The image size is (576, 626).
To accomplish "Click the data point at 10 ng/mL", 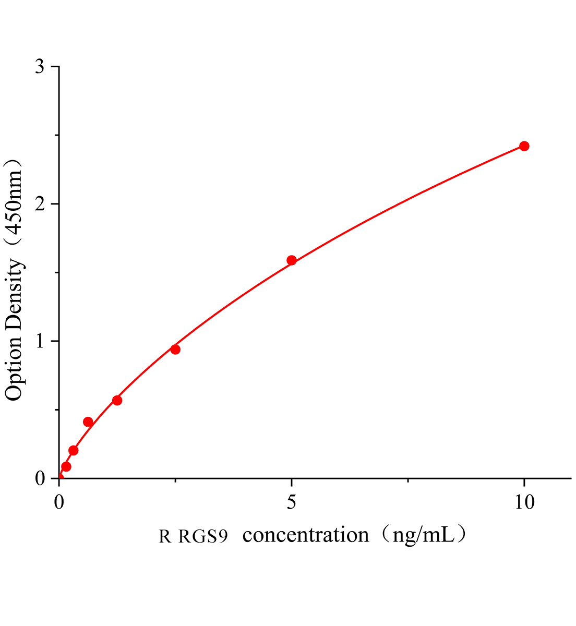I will (524, 146).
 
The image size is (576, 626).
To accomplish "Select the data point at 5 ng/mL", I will (292, 260).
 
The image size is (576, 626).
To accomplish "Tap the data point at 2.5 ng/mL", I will (175, 350).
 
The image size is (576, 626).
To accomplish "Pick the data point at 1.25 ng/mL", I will (117, 400).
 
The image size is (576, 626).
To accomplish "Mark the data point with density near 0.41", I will (88, 422).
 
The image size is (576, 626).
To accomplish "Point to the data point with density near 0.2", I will (74, 450).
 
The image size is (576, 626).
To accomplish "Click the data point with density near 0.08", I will (66, 466).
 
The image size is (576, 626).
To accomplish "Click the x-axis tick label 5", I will (292, 502).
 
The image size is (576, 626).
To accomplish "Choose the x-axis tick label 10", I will (523, 502).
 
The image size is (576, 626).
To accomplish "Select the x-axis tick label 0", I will (59, 502).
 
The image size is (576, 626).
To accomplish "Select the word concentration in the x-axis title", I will (306, 535).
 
